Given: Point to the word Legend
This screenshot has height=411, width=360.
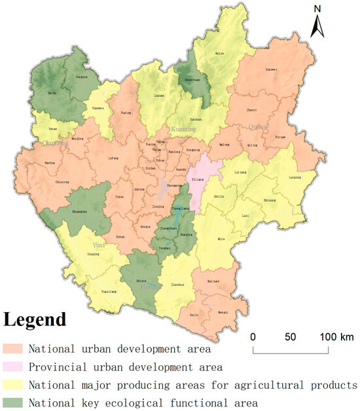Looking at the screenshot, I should tap(35, 320).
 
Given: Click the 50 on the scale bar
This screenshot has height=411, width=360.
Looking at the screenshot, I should tap(290, 337).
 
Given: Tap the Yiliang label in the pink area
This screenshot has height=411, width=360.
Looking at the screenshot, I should tap(197, 179).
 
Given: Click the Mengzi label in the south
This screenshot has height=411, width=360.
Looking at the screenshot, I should tap(222, 313).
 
